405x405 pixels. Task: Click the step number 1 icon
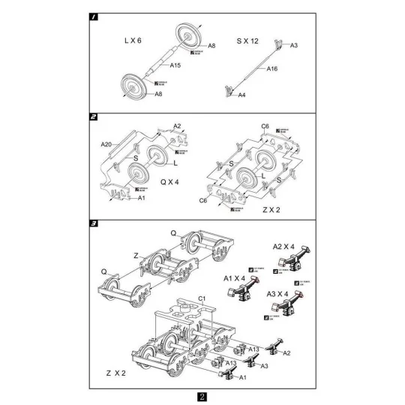[93, 15]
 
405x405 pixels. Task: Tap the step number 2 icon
[93, 117]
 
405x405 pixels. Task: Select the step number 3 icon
[93, 223]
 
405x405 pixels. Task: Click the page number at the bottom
[202, 397]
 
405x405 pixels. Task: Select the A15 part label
[175, 65]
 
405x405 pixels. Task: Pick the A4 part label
[241, 96]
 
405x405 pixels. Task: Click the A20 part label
[106, 142]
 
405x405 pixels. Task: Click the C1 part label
[201, 298]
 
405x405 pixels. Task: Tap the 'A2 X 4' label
[283, 246]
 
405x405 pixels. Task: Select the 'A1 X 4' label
[236, 277]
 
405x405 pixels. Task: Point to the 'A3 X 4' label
[279, 293]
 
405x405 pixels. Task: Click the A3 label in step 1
[294, 46]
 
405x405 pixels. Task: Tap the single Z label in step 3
[136, 255]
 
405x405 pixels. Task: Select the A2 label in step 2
[177, 125]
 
